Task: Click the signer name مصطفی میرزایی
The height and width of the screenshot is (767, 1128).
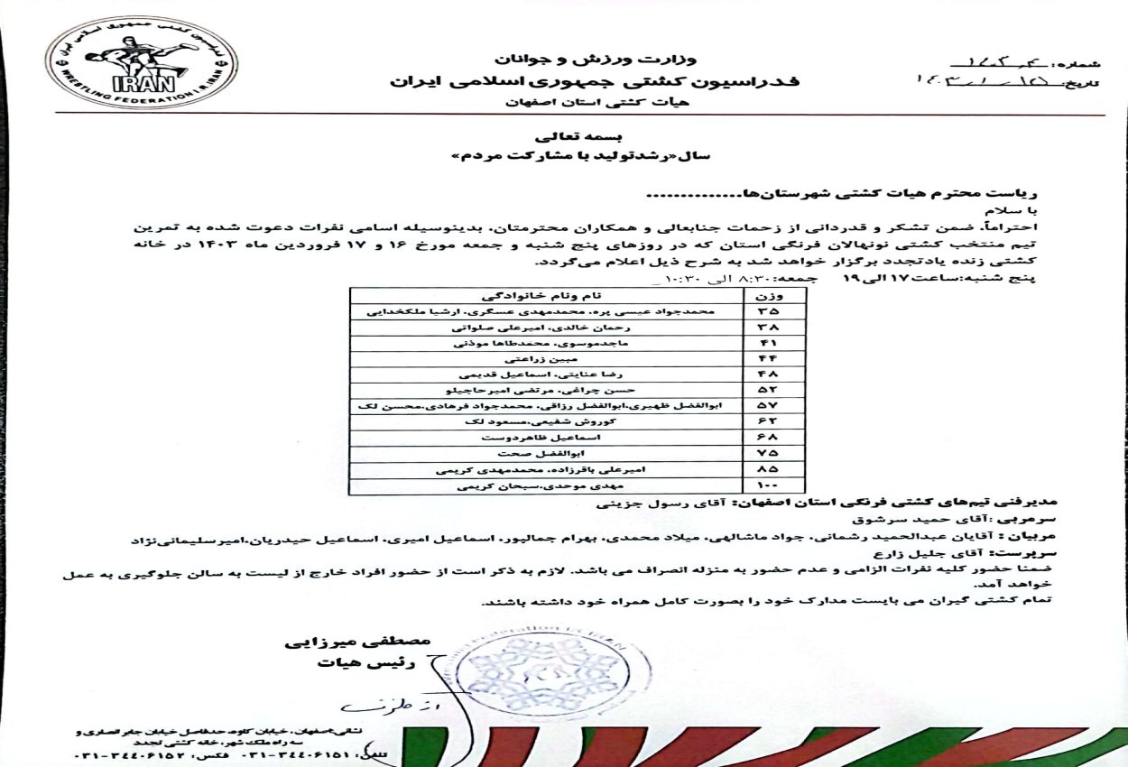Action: pyautogui.click(x=358, y=642)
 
